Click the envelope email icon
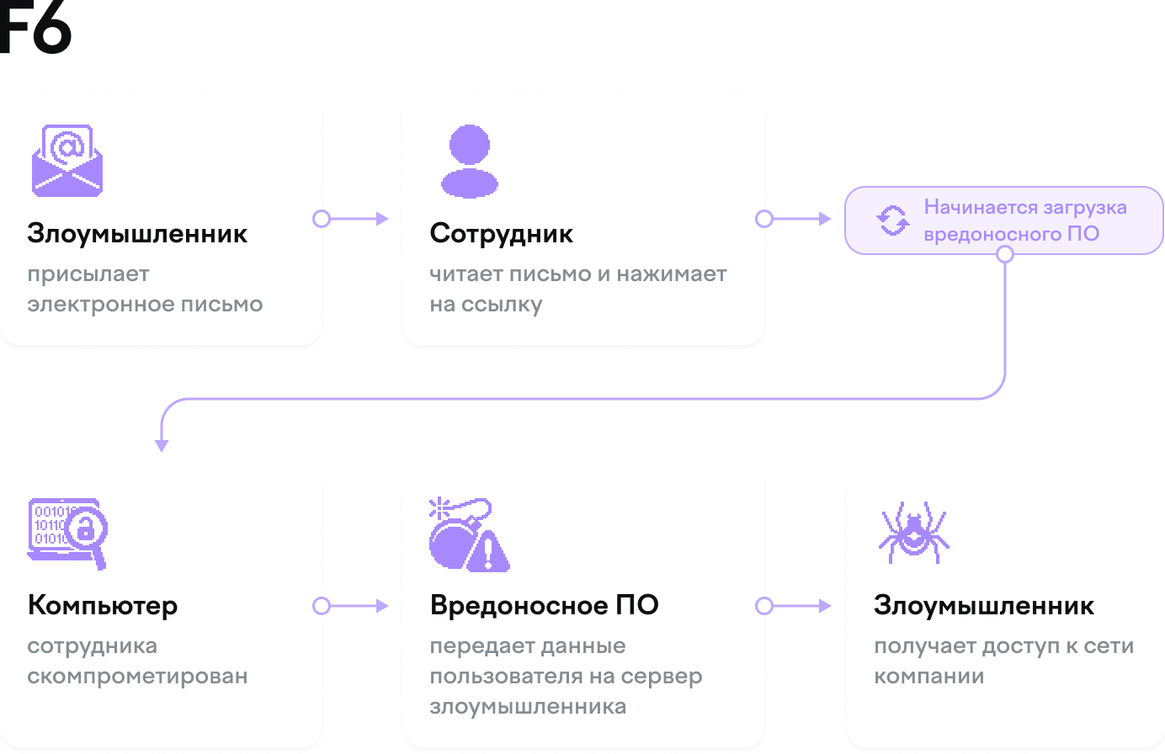[x=66, y=161]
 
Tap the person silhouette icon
[x=469, y=161]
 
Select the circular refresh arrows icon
[x=892, y=220]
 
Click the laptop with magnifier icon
[x=67, y=533]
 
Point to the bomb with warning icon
[x=469, y=535]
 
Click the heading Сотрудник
[x=501, y=233]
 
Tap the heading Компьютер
[x=103, y=605]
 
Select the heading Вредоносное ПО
[x=544, y=605]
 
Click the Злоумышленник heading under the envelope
[x=137, y=233]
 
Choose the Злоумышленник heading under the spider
[x=983, y=605]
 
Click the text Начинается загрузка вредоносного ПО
[x=1024, y=220]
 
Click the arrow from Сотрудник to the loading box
[x=797, y=219]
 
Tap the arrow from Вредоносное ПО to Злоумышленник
[x=797, y=606]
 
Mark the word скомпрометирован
[x=137, y=676]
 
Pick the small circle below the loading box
[x=1004, y=254]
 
